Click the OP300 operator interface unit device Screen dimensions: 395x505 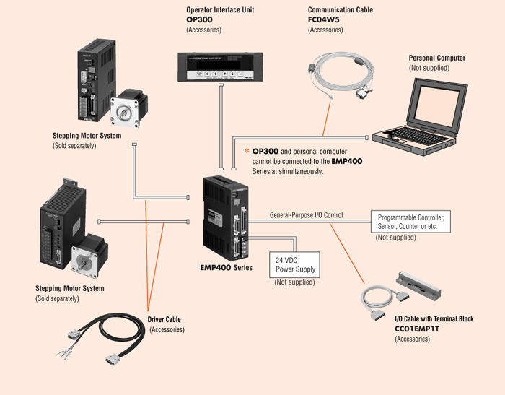[218, 67]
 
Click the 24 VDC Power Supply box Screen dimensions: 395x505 [294, 264]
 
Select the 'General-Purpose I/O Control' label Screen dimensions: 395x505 [306, 215]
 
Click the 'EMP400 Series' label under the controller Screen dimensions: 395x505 [225, 267]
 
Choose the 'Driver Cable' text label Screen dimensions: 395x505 [164, 319]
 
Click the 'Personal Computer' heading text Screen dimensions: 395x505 [437, 58]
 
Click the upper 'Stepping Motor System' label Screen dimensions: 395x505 [87, 136]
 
